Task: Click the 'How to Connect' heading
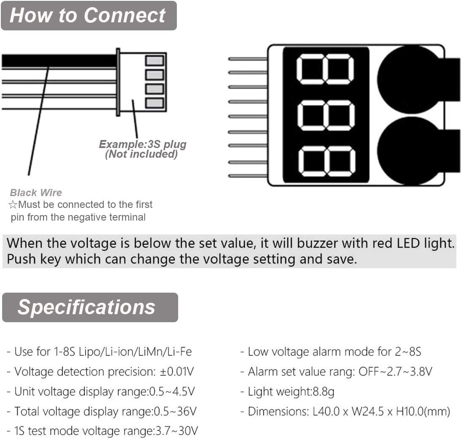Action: coord(87,15)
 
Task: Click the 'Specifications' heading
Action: coord(87,307)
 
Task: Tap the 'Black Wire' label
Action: coord(36,193)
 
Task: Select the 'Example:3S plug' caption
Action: coord(142,145)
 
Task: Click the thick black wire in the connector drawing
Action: coord(59,61)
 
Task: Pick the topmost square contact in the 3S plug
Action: coord(154,60)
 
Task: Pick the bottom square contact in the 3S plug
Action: coord(154,102)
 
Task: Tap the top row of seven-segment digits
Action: coord(325,69)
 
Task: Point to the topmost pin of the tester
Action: coord(247,59)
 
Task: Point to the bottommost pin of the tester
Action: coord(247,175)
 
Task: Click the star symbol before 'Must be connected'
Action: coord(13,205)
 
